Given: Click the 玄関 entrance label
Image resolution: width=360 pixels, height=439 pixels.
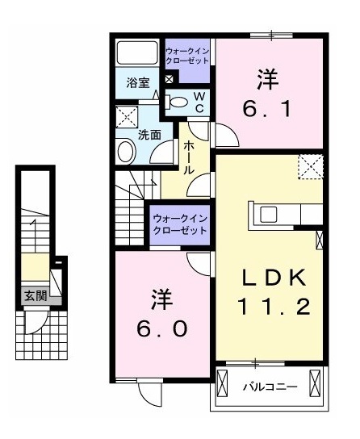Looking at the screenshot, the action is point(36,295).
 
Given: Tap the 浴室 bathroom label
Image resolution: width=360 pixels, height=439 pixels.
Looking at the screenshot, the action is point(138,83).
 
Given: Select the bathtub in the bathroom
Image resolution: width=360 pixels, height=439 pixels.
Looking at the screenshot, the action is point(137,53).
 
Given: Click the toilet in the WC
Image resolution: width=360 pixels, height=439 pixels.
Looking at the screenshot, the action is point(176,102).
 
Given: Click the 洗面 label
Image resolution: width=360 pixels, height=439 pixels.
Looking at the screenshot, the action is point(149,136).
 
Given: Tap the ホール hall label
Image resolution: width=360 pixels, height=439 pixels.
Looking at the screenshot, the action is point(189,157).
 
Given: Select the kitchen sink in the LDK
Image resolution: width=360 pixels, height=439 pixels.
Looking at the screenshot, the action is point(269,214).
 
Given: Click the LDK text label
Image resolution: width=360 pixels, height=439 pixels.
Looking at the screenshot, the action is point(274,278).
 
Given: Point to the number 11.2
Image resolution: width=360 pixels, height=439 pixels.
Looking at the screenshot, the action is point(274,307).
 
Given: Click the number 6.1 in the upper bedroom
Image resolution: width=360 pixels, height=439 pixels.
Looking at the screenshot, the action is point(267,109).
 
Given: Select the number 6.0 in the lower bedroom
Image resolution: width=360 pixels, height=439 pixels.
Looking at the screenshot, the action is point(161,328).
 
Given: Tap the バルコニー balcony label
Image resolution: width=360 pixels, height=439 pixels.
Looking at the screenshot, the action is point(270,387).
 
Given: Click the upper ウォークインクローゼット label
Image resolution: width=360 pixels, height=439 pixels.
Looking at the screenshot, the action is point(187,56).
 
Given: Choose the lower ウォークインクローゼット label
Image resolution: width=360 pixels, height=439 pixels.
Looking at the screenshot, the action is point(180,225).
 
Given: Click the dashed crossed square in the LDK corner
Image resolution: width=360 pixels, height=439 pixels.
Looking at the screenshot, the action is point(311,167).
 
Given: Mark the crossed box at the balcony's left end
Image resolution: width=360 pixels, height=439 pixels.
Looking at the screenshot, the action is point(222,383).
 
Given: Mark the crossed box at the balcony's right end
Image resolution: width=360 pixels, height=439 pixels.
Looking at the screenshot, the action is point(314,383).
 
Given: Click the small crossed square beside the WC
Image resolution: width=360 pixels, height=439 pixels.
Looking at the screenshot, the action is point(169,79).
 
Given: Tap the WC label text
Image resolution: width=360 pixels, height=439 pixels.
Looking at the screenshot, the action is point(199,102).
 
